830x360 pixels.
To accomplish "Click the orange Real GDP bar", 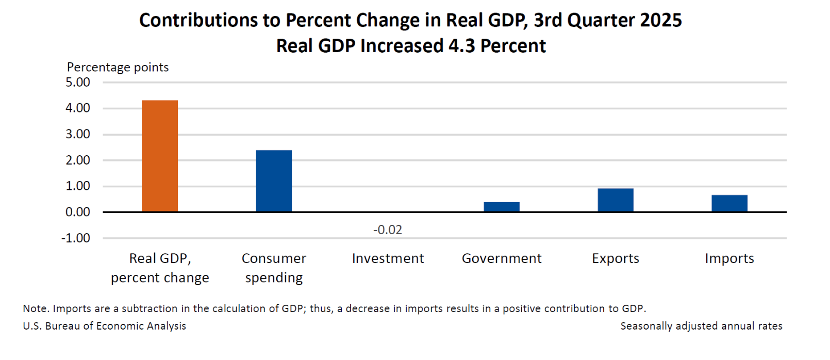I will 160,156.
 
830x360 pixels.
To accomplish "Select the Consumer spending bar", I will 274,181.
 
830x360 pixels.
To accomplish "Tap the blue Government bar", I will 502,207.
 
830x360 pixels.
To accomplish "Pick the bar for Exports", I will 616,200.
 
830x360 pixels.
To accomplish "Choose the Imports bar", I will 729,203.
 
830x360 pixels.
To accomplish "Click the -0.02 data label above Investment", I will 388,230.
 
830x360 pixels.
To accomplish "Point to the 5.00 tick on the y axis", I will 78,83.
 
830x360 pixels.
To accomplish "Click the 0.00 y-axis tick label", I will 78,212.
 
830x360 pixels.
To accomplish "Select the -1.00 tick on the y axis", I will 76,238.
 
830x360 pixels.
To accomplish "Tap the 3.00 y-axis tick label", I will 78,134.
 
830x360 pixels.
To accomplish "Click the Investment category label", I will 388,258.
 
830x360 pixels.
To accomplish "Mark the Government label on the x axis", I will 502,258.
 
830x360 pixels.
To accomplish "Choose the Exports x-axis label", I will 616,258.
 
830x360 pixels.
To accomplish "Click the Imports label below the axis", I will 729,258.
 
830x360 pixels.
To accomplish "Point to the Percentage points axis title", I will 118,68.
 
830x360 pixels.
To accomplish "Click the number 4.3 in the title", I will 461,46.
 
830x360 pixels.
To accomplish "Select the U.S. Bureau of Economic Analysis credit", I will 105,326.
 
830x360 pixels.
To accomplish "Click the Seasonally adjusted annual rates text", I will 701,326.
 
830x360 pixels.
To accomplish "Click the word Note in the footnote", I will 35,308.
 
